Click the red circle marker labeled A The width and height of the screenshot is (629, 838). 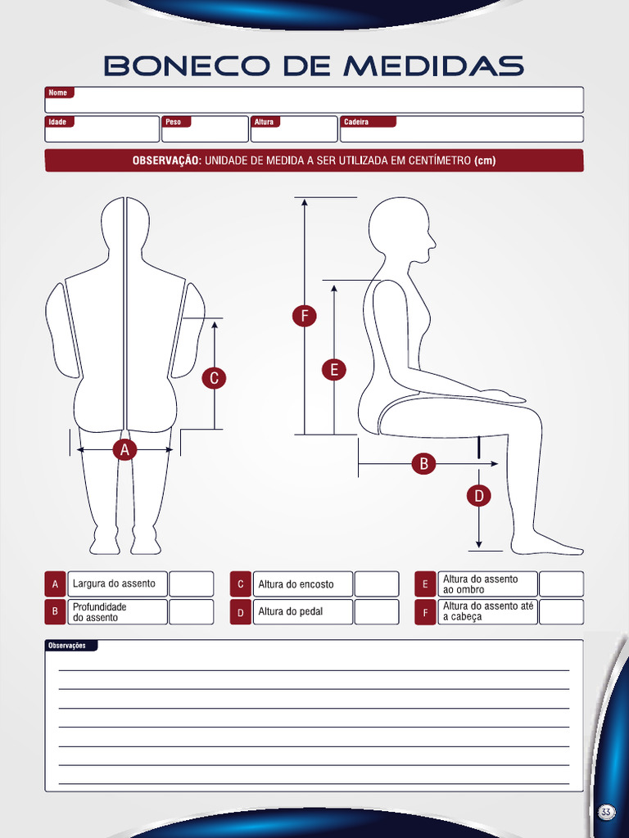pos(124,449)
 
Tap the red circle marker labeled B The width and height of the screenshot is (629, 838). pos(423,464)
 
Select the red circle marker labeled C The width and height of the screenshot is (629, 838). pos(214,378)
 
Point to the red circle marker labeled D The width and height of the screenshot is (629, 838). pos(478,495)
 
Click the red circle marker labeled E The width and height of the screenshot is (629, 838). pos(333,369)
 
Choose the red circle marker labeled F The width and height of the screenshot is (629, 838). pos(304,316)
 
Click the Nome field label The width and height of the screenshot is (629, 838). pos(58,93)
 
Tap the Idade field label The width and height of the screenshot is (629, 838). pos(58,122)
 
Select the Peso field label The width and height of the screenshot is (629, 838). pos(174,122)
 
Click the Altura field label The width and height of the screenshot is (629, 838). pos(264,122)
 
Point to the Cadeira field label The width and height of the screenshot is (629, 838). pos(357,122)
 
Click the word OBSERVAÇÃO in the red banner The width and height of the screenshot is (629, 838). pos(167,160)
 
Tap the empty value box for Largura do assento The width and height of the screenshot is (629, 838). pos(191,584)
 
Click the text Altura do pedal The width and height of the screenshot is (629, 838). pos(291,612)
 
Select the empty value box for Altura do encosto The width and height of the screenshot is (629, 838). pos(376,584)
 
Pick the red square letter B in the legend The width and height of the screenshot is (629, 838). pos(55,612)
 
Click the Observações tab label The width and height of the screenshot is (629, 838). pos(68,646)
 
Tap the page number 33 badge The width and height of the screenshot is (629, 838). pos(606,812)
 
